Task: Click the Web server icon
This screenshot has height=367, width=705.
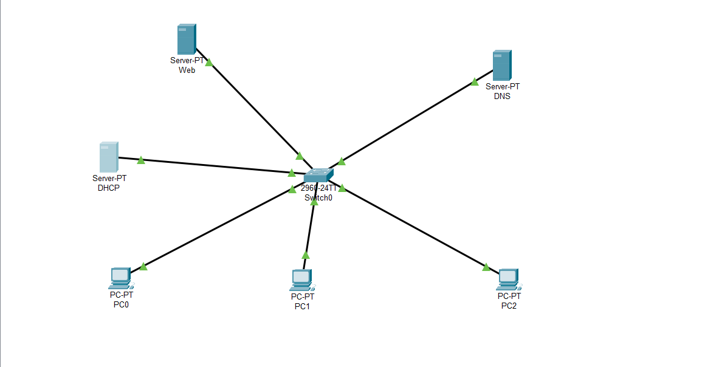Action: [186, 39]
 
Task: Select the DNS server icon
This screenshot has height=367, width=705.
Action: [501, 66]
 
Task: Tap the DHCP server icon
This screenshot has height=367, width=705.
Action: [108, 157]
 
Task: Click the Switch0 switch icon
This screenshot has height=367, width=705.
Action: [318, 176]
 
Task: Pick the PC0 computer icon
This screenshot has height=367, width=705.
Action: [120, 278]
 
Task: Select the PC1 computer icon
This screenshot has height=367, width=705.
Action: [301, 280]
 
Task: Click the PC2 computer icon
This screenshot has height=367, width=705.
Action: [508, 279]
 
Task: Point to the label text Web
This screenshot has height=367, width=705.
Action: [187, 70]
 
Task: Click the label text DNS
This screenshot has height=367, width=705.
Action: [502, 96]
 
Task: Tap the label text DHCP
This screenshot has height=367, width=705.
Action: [109, 188]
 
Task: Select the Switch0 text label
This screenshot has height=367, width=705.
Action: [318, 197]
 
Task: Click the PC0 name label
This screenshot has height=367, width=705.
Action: [121, 304]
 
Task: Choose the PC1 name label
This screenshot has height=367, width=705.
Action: [302, 306]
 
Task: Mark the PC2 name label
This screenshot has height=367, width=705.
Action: [509, 305]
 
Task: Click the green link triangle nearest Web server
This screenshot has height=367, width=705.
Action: [208, 63]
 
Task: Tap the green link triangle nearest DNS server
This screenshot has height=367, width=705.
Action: [475, 82]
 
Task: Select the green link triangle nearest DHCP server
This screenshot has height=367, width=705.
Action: [141, 160]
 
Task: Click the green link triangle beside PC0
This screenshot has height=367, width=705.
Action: [143, 267]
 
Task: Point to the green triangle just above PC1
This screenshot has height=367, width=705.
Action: [305, 255]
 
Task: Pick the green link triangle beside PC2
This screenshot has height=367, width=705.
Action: [486, 267]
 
